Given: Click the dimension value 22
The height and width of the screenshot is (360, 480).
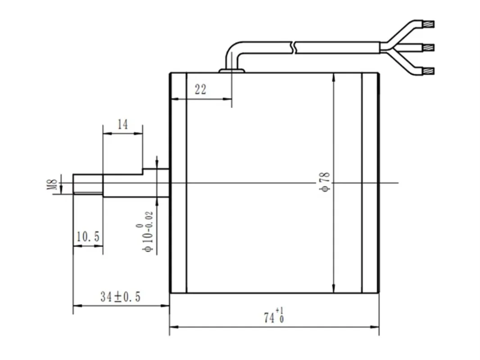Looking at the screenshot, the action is [200, 90].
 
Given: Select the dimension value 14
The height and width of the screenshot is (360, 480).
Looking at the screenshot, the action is [122, 125].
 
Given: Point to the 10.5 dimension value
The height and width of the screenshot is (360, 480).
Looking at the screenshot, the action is [88, 236].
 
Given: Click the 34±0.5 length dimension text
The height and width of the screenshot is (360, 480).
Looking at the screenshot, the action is [120, 297].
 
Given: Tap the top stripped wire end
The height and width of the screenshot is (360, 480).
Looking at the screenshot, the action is [429, 24].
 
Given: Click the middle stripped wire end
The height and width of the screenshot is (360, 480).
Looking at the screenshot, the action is [429, 47].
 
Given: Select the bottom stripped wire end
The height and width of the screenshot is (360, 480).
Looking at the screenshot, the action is [429, 72].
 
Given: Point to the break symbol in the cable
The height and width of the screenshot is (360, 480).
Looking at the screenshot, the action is [294, 47].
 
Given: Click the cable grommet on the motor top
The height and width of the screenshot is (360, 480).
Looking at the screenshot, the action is [232, 71].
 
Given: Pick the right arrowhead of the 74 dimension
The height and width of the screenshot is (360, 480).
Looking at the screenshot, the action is [375, 327].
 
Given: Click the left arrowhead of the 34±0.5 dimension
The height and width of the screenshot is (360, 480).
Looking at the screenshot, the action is [77, 305].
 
